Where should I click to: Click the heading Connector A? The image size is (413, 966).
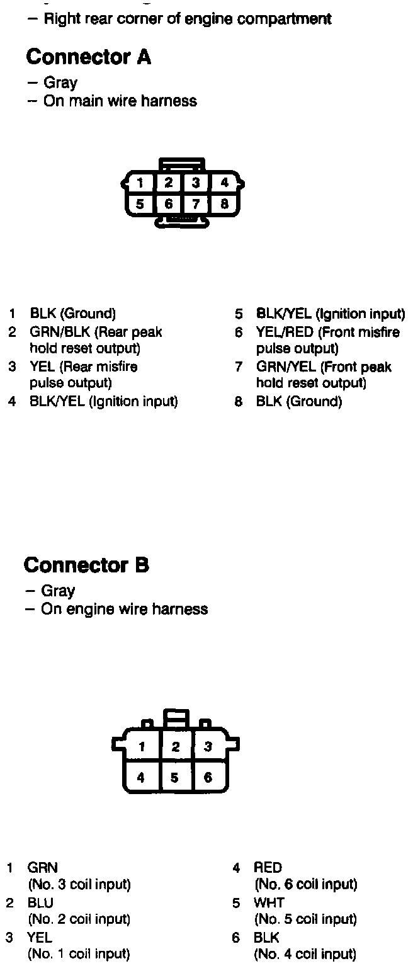click(x=89, y=57)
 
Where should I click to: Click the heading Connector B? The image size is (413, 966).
click(x=87, y=565)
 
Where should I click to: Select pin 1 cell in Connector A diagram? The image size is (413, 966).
click(x=140, y=183)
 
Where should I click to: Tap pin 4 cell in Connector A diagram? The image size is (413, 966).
click(x=224, y=183)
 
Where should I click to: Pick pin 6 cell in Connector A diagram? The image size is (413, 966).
click(x=168, y=204)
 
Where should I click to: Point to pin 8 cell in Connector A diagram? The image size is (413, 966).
click(x=224, y=204)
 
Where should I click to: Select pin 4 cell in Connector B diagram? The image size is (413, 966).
click(x=140, y=778)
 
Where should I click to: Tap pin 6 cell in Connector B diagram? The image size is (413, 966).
click(x=208, y=778)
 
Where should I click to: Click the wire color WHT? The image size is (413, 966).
click(x=269, y=902)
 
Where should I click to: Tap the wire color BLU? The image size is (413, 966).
click(x=41, y=902)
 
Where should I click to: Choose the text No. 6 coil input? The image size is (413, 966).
click(x=306, y=885)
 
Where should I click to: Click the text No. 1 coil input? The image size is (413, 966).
click(x=79, y=954)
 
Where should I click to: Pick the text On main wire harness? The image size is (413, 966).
click(x=120, y=101)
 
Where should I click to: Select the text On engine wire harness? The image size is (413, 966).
click(x=124, y=609)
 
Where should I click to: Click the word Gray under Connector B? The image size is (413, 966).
click(x=58, y=591)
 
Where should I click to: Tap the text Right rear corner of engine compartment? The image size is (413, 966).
click(x=188, y=19)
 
